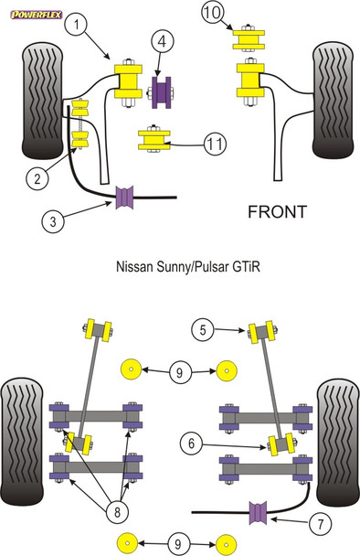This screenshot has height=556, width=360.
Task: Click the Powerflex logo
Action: tap(36, 11)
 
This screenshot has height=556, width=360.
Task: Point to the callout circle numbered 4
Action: tap(160, 40)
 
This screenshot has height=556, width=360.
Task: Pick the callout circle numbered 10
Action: tap(212, 13)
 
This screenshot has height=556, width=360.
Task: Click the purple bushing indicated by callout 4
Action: tap(164, 92)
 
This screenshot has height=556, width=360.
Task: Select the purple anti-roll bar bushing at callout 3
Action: tap(127, 196)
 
